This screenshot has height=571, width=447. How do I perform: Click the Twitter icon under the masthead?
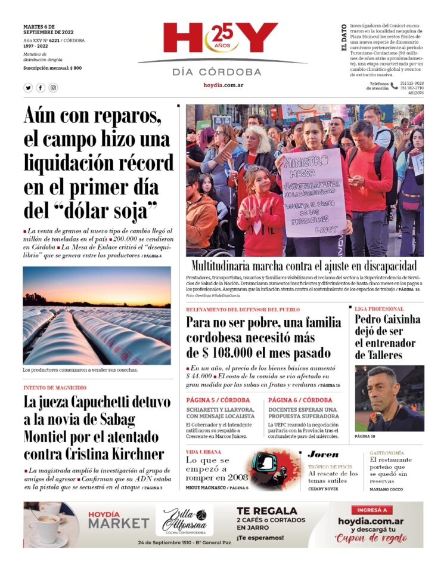(28, 88)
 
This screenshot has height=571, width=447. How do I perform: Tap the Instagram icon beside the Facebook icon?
(53, 88)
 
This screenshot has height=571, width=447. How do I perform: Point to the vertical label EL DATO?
(344, 37)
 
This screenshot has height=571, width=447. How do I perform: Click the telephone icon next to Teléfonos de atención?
(394, 86)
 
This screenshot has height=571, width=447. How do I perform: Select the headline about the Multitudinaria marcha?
(304, 266)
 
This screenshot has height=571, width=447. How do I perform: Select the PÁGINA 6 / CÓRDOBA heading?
(300, 400)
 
